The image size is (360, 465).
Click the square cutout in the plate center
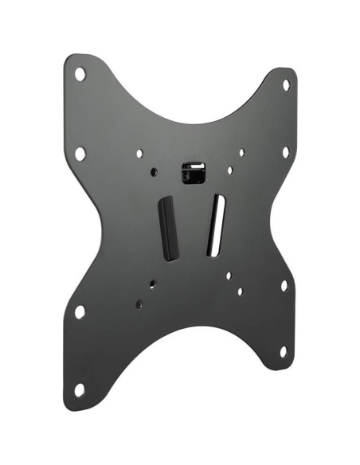[193, 172]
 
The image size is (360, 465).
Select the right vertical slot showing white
[216, 225]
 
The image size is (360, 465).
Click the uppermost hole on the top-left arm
[80, 74]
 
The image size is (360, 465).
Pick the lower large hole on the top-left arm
[80, 153]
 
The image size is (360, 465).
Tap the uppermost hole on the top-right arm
[286, 84]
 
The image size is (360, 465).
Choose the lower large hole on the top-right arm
[285, 151]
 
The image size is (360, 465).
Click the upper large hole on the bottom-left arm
[80, 311]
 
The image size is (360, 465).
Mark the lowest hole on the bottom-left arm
[79, 389]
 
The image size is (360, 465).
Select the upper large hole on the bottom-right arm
[284, 284]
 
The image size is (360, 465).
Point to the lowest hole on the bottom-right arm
[283, 350]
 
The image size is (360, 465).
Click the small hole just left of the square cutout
[153, 170]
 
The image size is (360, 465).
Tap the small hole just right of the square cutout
[230, 170]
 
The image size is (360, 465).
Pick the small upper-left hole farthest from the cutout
[139, 153]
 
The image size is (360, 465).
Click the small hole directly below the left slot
[152, 283]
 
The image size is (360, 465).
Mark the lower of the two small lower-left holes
[139, 304]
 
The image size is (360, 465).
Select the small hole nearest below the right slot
[229, 275]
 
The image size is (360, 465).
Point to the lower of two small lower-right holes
[240, 291]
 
